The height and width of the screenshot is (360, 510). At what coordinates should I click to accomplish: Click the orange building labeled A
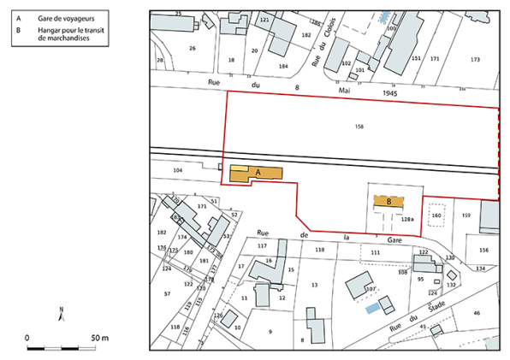point(256,173)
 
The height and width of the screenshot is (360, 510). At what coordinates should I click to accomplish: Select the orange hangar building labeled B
point(389,202)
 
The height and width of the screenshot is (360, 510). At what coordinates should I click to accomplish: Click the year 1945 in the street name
point(389,94)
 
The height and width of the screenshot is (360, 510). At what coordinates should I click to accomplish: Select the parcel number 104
point(178,171)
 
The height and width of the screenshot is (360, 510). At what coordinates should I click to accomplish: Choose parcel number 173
point(475,59)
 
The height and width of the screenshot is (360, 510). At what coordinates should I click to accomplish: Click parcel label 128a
point(407,220)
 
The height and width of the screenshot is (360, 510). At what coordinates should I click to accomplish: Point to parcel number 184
point(283,66)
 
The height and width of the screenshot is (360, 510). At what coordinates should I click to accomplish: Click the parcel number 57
point(167,293)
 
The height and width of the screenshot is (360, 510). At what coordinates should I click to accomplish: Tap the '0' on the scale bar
point(27,339)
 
